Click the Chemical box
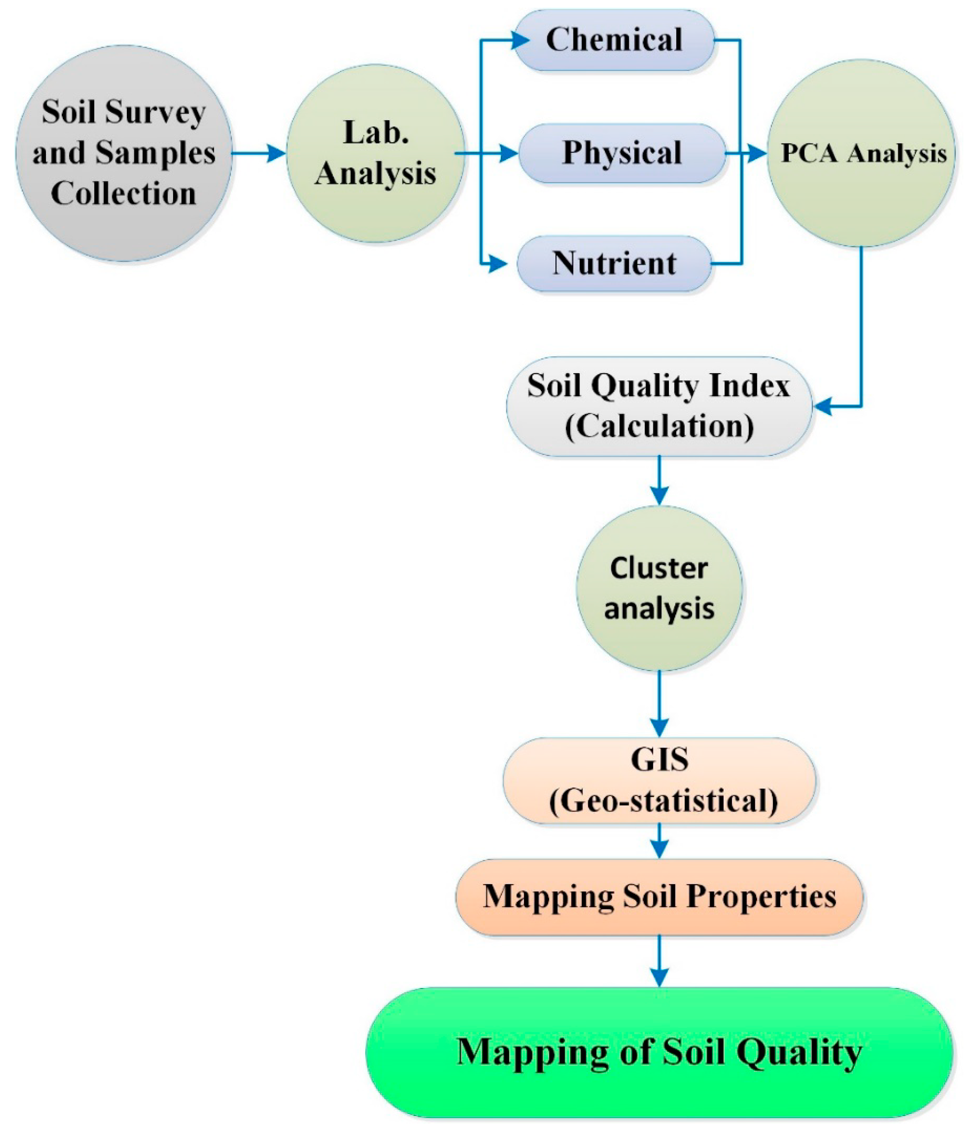(614, 40)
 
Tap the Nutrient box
(614, 264)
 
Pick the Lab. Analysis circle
(375, 153)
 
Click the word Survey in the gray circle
(155, 113)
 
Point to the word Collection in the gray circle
(124, 194)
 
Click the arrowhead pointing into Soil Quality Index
(823, 406)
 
